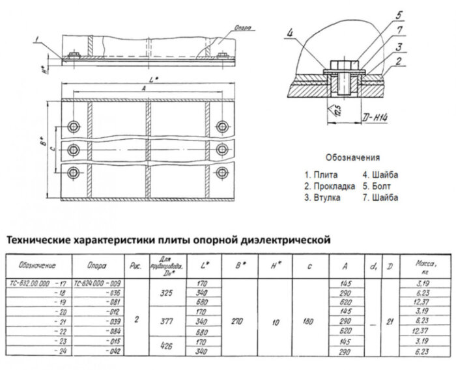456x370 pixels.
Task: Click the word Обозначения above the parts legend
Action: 352,158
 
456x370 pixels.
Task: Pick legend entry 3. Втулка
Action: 324,198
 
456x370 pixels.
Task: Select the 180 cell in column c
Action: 309,321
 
